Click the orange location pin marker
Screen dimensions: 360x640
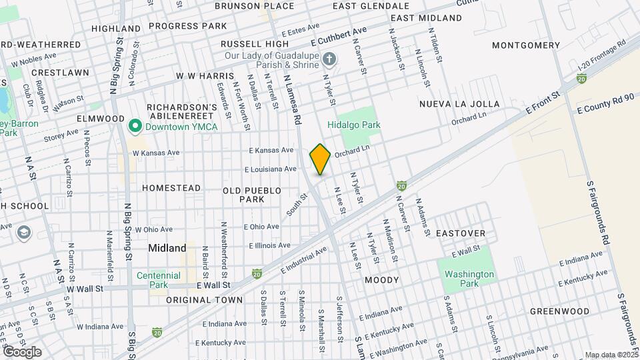tap(320, 159)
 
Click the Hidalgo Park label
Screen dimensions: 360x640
tap(353, 125)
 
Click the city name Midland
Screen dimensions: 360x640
tap(167, 248)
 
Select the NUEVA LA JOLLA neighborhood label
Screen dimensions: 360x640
tap(459, 104)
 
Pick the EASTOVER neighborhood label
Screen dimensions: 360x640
tap(461, 234)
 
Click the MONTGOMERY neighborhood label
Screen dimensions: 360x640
tap(526, 45)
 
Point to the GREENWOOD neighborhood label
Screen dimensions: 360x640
tap(559, 311)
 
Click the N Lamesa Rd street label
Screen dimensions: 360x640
tap(292, 100)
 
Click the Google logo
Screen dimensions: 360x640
tap(21, 352)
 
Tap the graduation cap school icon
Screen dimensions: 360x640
tap(25, 233)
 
